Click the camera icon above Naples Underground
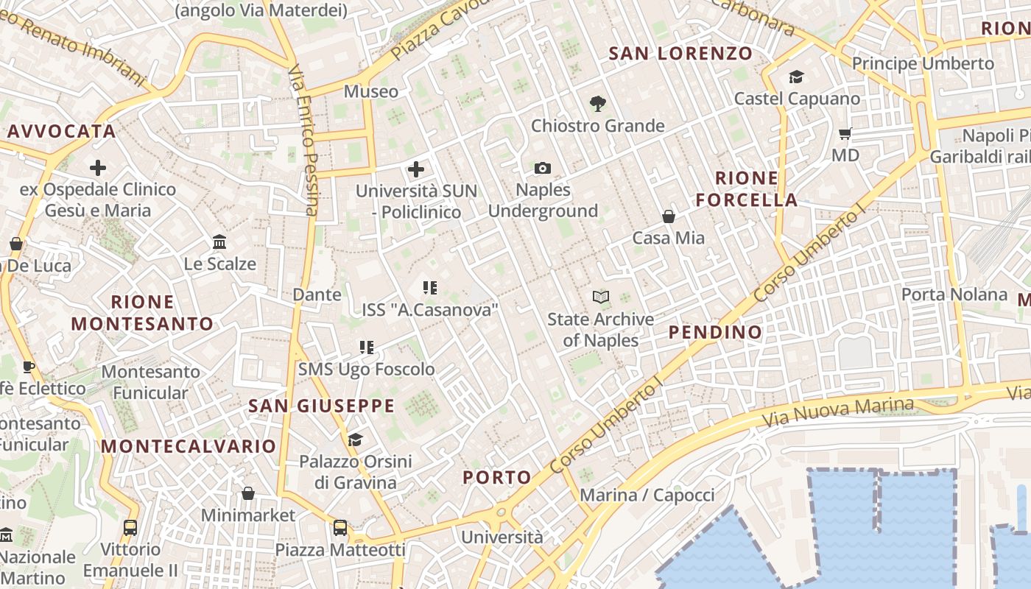(x=543, y=169)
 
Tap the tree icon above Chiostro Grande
(x=598, y=104)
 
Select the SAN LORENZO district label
(x=680, y=53)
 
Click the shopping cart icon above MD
(x=845, y=134)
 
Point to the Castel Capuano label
(x=797, y=98)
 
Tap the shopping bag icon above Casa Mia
(x=669, y=216)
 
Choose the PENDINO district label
(x=715, y=332)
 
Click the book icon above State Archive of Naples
(x=601, y=297)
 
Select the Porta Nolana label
(x=954, y=294)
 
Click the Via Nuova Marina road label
(x=837, y=412)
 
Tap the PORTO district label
(x=497, y=477)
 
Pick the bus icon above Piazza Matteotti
(x=339, y=528)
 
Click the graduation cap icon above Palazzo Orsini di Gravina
(x=355, y=440)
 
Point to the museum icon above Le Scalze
(x=219, y=242)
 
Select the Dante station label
(x=317, y=294)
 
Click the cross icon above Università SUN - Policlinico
(x=416, y=169)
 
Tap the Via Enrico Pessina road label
(x=303, y=140)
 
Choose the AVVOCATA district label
(x=62, y=132)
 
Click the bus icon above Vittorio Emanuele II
(x=130, y=528)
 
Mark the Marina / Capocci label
(x=647, y=495)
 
